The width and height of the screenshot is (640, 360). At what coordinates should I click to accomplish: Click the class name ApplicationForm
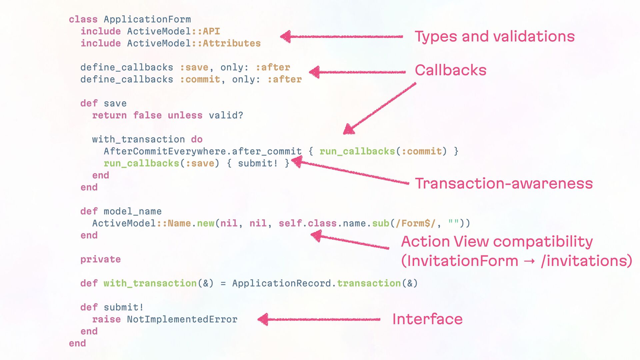(147, 19)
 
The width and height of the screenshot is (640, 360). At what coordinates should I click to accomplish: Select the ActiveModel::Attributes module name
(194, 43)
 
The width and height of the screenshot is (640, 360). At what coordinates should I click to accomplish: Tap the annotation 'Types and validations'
(495, 36)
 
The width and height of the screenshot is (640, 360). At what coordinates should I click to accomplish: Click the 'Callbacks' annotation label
(450, 70)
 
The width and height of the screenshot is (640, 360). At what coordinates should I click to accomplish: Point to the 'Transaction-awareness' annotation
(504, 184)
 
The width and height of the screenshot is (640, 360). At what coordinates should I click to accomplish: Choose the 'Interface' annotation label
(427, 319)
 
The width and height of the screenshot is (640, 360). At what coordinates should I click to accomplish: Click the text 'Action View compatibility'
(497, 241)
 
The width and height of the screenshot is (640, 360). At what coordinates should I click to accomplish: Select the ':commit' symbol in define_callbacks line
(200, 79)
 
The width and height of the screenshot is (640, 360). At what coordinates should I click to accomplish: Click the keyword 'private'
(100, 259)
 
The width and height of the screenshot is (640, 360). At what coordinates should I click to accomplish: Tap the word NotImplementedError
(182, 319)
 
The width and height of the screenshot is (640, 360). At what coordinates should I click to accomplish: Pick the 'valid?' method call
(226, 115)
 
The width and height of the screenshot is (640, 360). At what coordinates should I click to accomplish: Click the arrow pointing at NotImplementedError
(319, 319)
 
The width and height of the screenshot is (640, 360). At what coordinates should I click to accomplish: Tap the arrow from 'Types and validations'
(341, 36)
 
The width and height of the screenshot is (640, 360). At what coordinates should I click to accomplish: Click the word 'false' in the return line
(147, 115)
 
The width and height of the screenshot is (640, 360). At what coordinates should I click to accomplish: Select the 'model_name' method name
(132, 211)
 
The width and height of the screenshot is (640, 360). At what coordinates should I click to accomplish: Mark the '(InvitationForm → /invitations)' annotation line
(516, 261)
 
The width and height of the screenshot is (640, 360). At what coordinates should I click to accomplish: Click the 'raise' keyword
(106, 319)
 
